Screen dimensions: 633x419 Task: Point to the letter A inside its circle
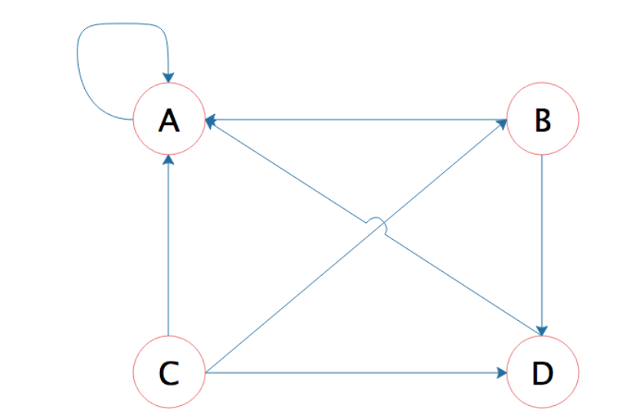169,120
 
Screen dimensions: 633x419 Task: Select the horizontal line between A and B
353,119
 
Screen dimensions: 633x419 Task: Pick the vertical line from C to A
169,245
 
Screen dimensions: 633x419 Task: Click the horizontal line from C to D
353,373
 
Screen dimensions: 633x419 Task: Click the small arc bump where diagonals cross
376,223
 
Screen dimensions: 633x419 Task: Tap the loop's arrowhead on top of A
168,77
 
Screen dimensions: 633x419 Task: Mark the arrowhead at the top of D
543,331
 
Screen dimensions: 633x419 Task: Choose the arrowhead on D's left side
501,373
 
